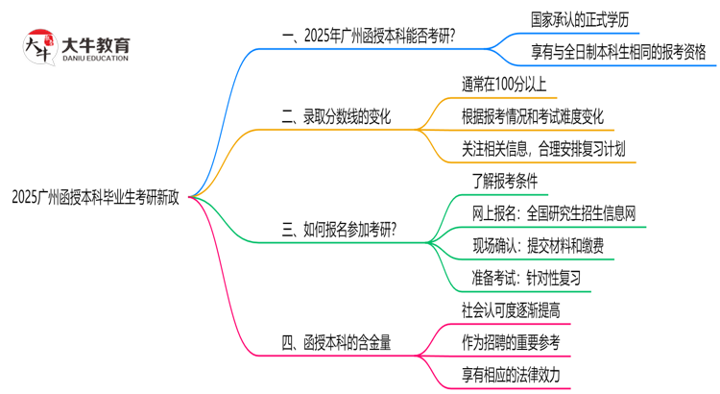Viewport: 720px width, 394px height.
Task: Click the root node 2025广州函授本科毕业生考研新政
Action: [95, 197]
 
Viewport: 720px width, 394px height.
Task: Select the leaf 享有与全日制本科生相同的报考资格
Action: [604, 54]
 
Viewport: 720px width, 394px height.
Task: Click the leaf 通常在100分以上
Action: [509, 85]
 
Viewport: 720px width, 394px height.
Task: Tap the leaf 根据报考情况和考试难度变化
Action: [533, 117]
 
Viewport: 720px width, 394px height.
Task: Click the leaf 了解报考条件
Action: [504, 181]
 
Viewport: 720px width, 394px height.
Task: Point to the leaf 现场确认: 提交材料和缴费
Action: [538, 246]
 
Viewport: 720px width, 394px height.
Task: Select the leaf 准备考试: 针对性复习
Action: [526, 278]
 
